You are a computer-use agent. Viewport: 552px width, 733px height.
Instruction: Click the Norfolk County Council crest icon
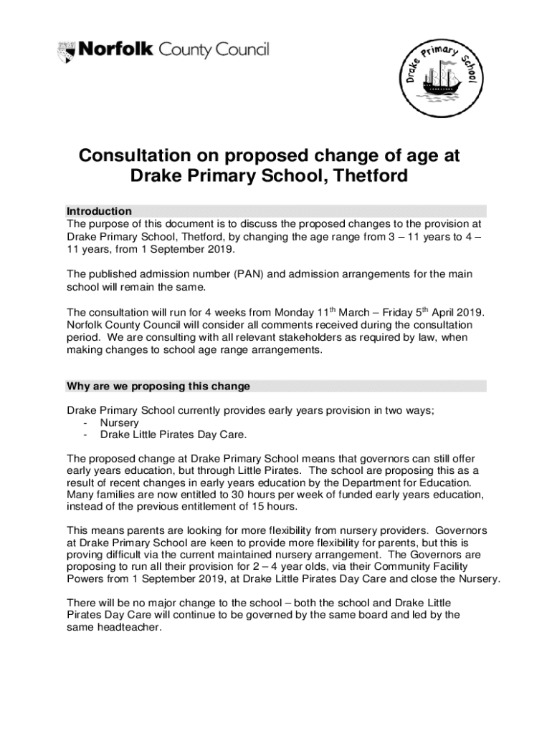(x=65, y=52)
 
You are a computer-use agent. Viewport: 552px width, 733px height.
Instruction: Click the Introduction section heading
(x=99, y=211)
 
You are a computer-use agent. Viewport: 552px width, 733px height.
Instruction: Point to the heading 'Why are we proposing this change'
(x=158, y=387)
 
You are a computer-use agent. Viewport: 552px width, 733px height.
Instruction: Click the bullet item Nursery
(x=119, y=423)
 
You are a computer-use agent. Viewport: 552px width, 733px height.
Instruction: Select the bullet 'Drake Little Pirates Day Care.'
(x=173, y=435)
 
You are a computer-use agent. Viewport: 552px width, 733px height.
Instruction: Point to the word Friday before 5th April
(x=401, y=313)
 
